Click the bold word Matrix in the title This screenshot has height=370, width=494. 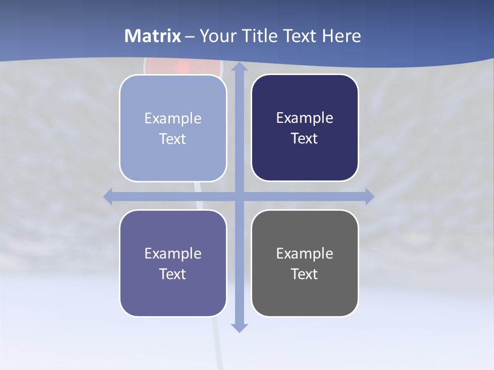pyautogui.click(x=153, y=36)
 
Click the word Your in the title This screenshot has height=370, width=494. pyautogui.click(x=216, y=36)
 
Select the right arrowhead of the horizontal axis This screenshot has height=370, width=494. pyautogui.click(x=369, y=196)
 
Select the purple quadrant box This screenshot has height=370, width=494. pyautogui.click(x=173, y=293)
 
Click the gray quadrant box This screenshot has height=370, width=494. pyautogui.click(x=305, y=293)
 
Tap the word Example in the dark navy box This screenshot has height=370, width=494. pyautogui.click(x=305, y=118)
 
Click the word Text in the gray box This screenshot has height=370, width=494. pyautogui.click(x=305, y=274)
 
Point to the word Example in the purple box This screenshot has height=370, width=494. pyautogui.click(x=173, y=253)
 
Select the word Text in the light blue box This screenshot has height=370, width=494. pyautogui.click(x=173, y=139)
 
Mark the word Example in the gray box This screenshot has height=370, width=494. pyautogui.click(x=305, y=253)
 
